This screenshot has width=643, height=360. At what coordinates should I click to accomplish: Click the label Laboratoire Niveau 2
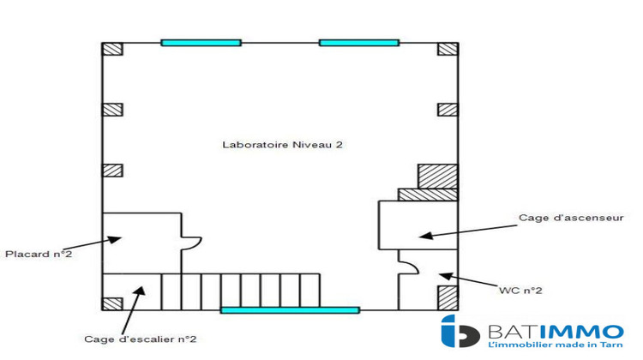click(282, 145)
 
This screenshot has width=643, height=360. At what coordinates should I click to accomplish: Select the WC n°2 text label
click(520, 291)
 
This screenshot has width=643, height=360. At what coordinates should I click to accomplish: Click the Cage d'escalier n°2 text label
click(140, 339)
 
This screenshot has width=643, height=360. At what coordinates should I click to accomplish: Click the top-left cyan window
click(201, 42)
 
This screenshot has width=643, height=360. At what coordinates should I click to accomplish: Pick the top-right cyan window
click(359, 42)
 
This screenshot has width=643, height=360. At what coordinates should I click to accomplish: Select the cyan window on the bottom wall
click(290, 309)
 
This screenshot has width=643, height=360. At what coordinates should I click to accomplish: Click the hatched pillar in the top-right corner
click(448, 49)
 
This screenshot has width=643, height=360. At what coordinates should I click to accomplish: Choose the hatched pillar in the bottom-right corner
click(448, 297)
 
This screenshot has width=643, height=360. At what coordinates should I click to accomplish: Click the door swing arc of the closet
click(193, 243)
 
